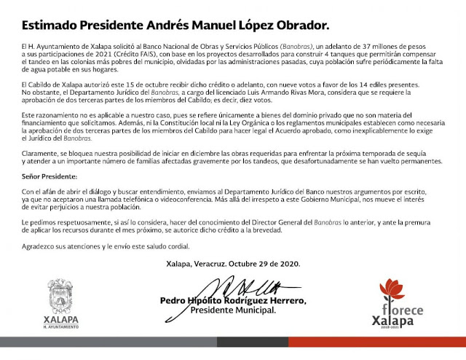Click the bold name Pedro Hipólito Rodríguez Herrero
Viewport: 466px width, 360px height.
click(x=233, y=300)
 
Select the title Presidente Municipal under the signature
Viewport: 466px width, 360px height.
click(x=233, y=310)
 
